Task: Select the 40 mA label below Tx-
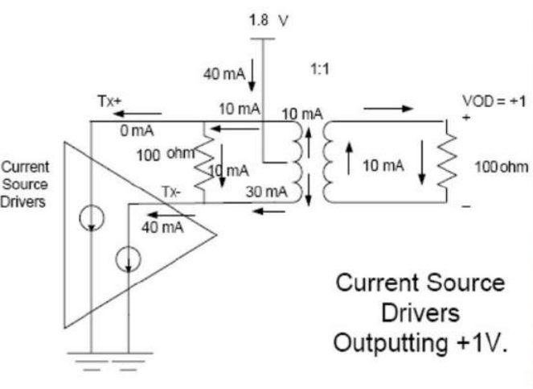(162, 227)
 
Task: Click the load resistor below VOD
(448, 164)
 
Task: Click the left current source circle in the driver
(92, 218)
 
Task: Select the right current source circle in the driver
(128, 258)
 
